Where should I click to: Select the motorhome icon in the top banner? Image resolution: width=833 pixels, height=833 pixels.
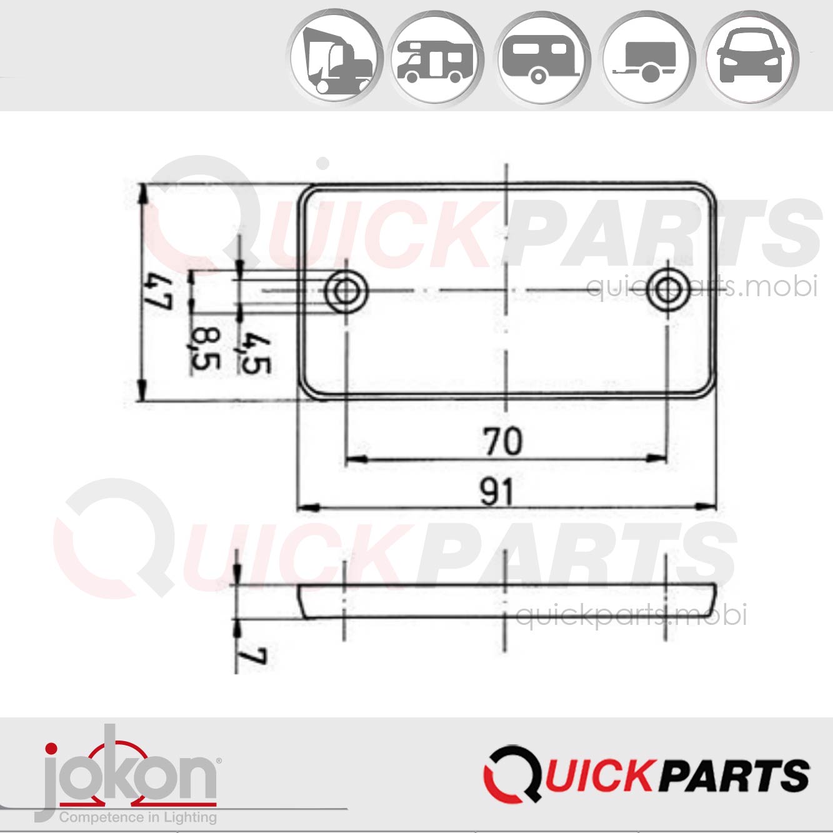click(x=437, y=60)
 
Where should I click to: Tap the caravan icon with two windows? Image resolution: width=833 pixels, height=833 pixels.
click(x=542, y=60)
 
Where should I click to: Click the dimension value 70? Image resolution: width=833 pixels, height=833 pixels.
click(x=503, y=441)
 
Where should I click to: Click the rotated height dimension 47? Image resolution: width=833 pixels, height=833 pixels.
click(x=157, y=292)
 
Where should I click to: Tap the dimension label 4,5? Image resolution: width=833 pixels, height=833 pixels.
click(x=256, y=354)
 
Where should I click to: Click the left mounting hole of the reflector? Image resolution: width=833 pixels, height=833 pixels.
click(x=346, y=291)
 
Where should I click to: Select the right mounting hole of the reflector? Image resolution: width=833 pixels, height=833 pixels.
click(x=667, y=291)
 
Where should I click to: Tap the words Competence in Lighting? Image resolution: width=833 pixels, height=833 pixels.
click(x=138, y=817)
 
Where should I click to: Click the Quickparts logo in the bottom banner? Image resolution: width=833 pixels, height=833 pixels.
click(x=646, y=774)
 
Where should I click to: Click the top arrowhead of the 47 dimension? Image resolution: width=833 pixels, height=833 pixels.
click(x=143, y=191)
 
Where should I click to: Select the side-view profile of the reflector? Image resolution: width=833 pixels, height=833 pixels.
click(x=506, y=602)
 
